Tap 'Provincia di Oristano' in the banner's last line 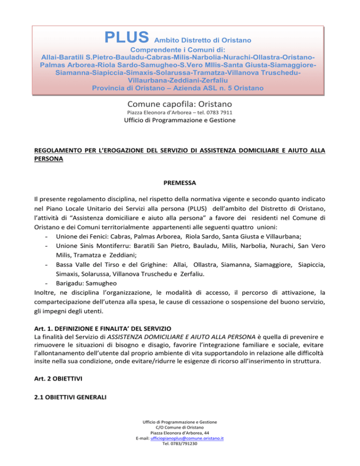pos(128,88)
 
